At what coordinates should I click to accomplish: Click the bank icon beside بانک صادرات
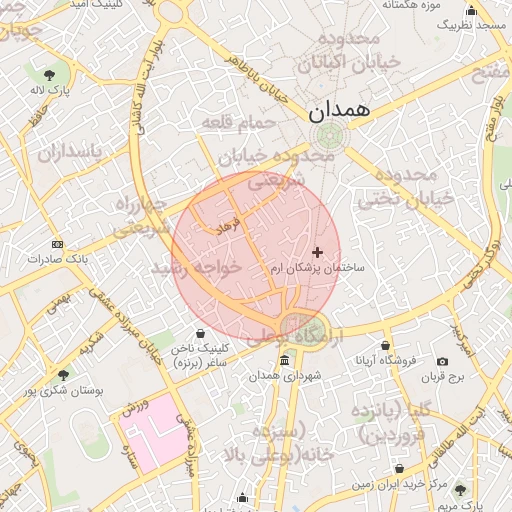click(57, 244)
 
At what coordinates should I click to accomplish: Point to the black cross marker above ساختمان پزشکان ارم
click(318, 252)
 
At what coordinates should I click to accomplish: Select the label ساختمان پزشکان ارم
click(319, 269)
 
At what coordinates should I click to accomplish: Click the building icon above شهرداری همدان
click(285, 360)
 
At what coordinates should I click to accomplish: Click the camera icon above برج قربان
click(443, 361)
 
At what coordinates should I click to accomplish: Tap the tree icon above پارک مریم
click(460, 489)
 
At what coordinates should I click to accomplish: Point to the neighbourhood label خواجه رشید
click(196, 269)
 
